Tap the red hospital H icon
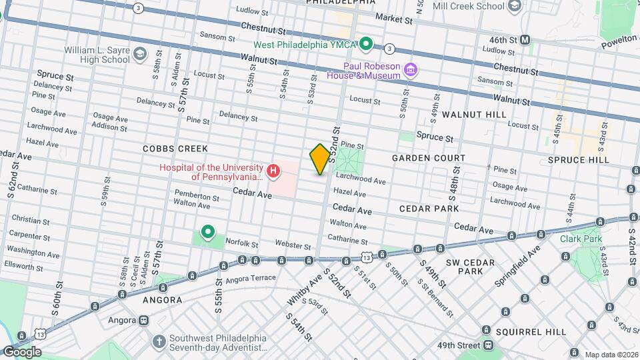pos(273,172)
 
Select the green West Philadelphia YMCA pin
pos(365,45)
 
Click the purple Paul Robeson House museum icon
pos(410,69)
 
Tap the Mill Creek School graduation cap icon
pos(514,7)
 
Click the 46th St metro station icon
pos(525,40)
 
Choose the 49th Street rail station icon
pos(489,345)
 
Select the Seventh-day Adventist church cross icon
pos(159,342)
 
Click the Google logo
pos(21,352)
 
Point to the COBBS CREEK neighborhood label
pos(175,149)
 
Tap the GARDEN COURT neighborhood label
pos(428,158)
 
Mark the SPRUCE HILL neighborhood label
pos(578,160)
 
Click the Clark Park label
pos(581,238)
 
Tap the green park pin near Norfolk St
pos(208,232)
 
